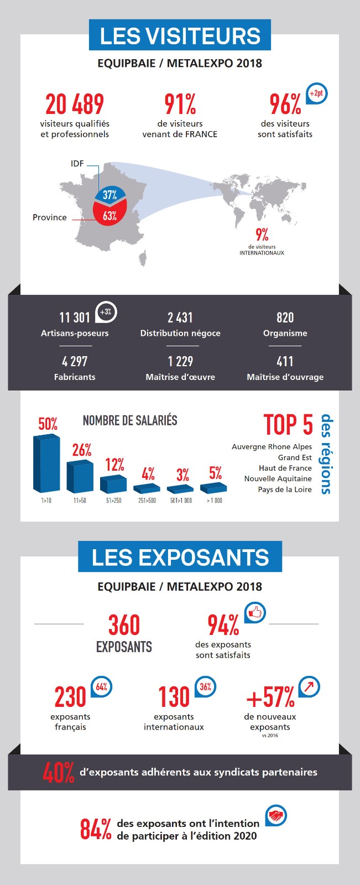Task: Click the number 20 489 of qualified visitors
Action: (x=75, y=104)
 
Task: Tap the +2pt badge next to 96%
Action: (x=316, y=93)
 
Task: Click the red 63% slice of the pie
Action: (x=109, y=215)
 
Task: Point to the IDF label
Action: (x=77, y=164)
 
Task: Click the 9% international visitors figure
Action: (x=262, y=235)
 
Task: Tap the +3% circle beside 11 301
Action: (x=106, y=312)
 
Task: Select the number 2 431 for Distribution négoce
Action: (x=180, y=317)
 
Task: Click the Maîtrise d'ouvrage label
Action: (x=285, y=377)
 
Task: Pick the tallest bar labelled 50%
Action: (x=46, y=464)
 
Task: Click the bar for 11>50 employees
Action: (x=80, y=476)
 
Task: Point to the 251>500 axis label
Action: (x=147, y=501)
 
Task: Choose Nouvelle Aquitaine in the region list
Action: (x=278, y=479)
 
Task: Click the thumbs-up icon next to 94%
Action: (x=255, y=612)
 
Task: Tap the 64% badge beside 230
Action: (x=102, y=686)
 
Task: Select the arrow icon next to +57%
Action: (x=309, y=686)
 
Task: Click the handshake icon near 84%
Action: (x=276, y=815)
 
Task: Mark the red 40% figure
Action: (x=58, y=773)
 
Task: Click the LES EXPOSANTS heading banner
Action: (x=180, y=557)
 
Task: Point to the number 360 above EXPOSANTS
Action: (x=124, y=625)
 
